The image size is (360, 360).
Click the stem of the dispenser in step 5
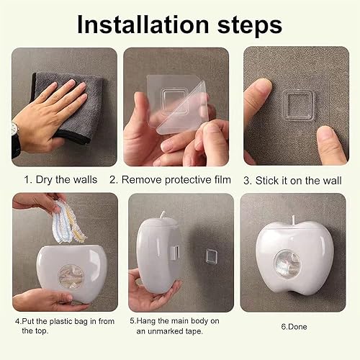pos(163,215)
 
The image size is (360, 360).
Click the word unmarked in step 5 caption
pos(163,330)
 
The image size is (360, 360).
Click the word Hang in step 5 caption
pos(148,320)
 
